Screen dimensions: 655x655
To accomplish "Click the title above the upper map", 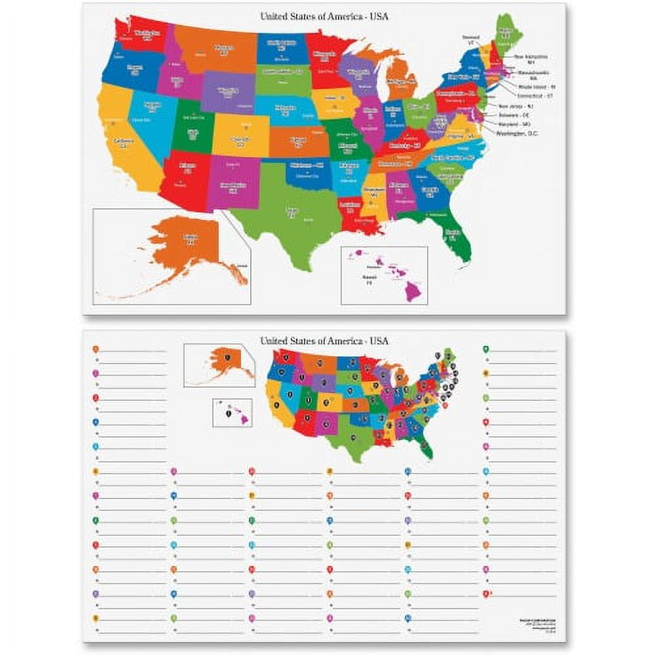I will tap(324, 16).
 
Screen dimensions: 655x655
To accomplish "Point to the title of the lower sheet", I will tap(324, 341).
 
